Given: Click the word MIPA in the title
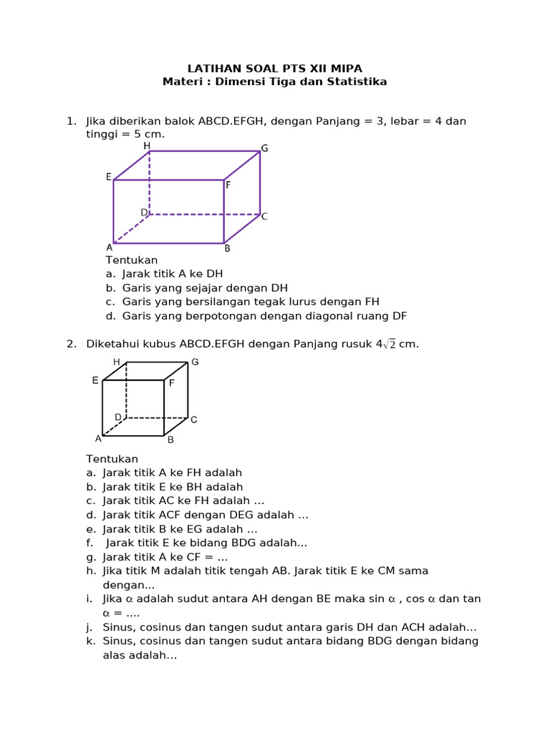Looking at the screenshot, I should tap(347, 69).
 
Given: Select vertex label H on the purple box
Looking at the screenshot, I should tap(147, 146).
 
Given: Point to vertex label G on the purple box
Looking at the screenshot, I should tap(264, 149).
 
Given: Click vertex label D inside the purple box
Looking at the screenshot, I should tap(144, 213).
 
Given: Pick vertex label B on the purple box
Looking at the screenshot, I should tap(227, 249).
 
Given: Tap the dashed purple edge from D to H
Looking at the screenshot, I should tap(150, 183).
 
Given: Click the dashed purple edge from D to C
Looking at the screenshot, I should tap(204, 214).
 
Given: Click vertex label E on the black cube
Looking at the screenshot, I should tap(95, 381).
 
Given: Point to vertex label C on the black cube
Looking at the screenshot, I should tap(193, 419).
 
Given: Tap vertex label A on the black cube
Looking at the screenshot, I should tap(98, 438).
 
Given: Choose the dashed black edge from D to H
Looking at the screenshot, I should tap(126, 390).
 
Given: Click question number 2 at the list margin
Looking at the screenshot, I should tap(71, 344).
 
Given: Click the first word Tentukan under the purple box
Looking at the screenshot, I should tap(132, 260).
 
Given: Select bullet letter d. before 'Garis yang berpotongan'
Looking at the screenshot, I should tap(110, 316).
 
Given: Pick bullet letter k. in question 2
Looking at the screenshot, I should tap(91, 641).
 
